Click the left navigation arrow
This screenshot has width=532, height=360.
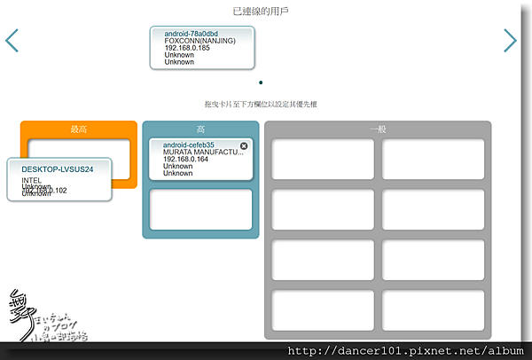[x=12, y=41]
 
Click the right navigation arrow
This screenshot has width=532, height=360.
[x=510, y=41]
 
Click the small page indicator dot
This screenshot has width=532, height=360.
[x=261, y=82]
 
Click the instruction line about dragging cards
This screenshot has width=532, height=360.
[x=261, y=105]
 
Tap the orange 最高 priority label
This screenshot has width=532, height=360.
[x=79, y=129]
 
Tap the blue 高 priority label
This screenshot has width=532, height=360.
[x=200, y=129]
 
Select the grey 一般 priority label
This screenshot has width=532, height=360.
[x=378, y=129]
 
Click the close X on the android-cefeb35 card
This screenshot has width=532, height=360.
[x=244, y=145]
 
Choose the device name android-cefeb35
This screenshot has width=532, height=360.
[x=189, y=145]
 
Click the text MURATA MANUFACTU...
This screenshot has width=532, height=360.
[x=202, y=153]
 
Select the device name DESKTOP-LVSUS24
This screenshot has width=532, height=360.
[x=58, y=168]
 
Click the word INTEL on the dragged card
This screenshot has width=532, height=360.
[x=32, y=180]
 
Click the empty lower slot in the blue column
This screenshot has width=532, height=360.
[x=200, y=209]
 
